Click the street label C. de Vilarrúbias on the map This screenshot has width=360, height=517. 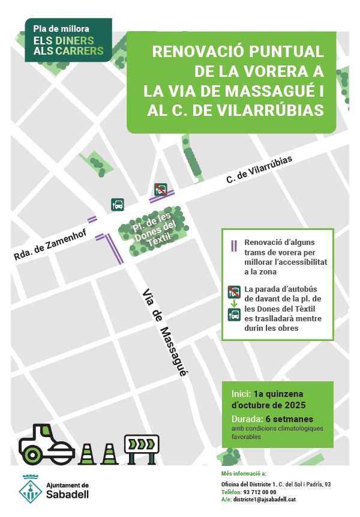(x=259, y=170)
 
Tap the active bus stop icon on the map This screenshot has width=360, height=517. (x=118, y=205)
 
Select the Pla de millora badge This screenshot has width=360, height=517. (x=68, y=40)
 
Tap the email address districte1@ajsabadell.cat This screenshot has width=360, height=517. (x=263, y=500)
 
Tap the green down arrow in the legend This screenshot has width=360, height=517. (x=234, y=304)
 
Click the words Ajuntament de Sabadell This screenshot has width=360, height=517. (x=68, y=491)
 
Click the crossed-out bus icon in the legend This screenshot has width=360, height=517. (x=234, y=292)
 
